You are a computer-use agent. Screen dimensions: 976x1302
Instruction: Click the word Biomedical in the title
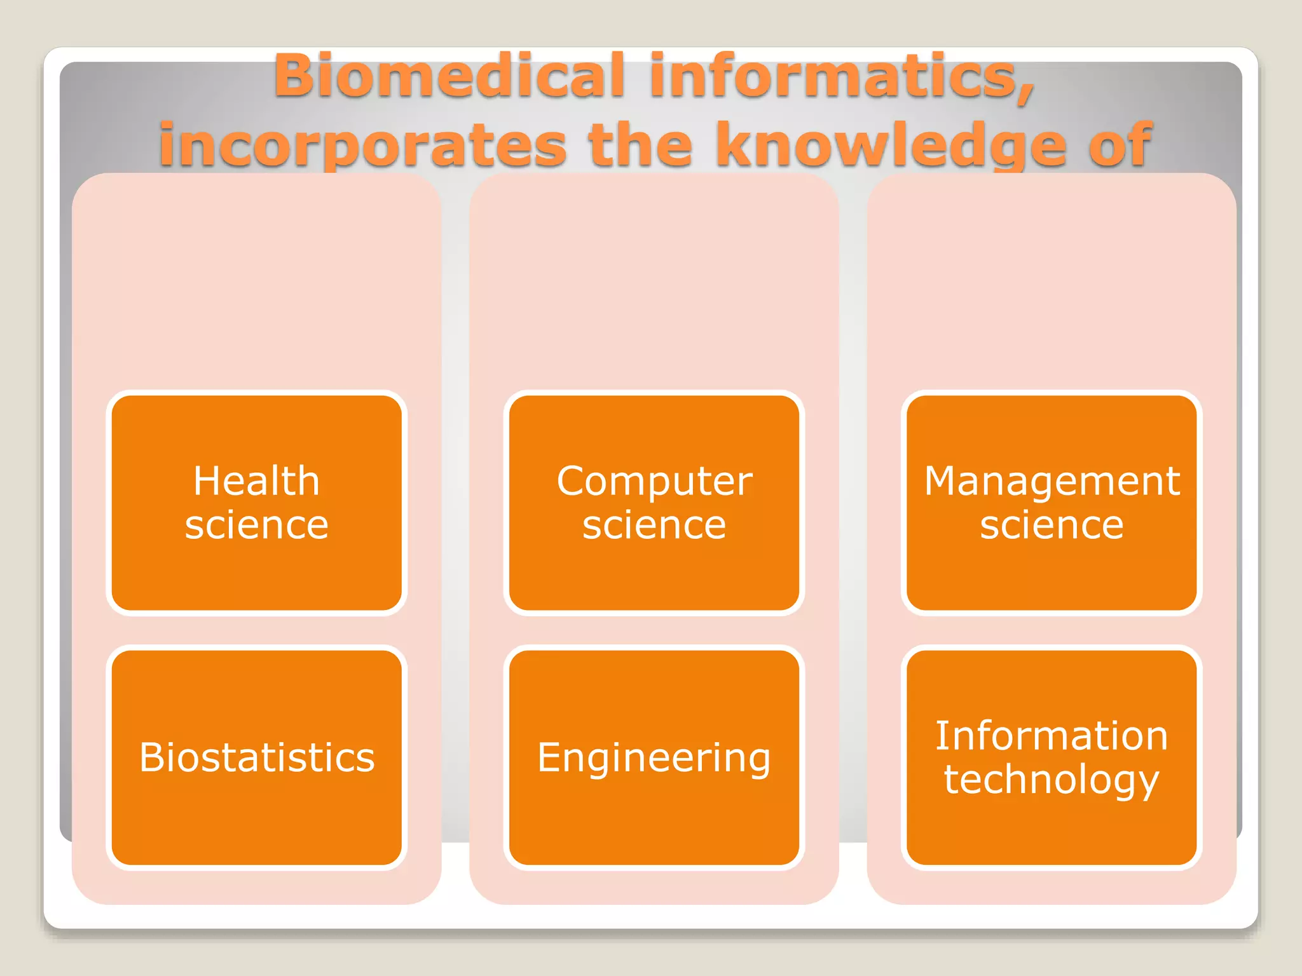(x=449, y=76)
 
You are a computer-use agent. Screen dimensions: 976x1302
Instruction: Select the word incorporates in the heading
(x=362, y=145)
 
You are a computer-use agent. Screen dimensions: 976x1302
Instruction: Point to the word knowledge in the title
(x=890, y=145)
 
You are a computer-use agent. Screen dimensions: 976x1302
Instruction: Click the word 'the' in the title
(x=640, y=145)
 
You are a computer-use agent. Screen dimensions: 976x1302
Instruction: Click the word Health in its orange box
(x=256, y=480)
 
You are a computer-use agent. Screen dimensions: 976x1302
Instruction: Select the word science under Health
(x=256, y=525)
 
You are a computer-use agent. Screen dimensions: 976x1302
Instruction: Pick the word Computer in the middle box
(x=654, y=481)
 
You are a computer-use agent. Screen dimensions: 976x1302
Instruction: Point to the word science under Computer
(x=654, y=525)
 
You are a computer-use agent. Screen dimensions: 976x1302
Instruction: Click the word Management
(x=1052, y=481)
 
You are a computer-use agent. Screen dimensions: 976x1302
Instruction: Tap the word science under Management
(x=1052, y=525)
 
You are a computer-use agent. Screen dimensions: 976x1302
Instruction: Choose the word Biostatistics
(x=257, y=757)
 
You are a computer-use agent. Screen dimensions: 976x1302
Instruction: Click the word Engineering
(x=654, y=758)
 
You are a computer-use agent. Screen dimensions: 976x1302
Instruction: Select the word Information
(x=1052, y=736)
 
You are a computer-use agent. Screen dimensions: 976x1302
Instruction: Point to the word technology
(x=1052, y=780)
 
